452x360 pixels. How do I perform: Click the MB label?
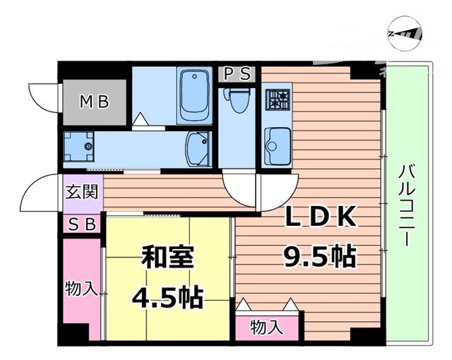[x=94, y=102]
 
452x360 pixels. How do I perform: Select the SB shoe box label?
[x=83, y=225]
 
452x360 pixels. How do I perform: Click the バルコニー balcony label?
[x=406, y=205]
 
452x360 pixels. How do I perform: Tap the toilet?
[x=238, y=100]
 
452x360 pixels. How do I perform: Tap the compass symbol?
[x=405, y=33]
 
